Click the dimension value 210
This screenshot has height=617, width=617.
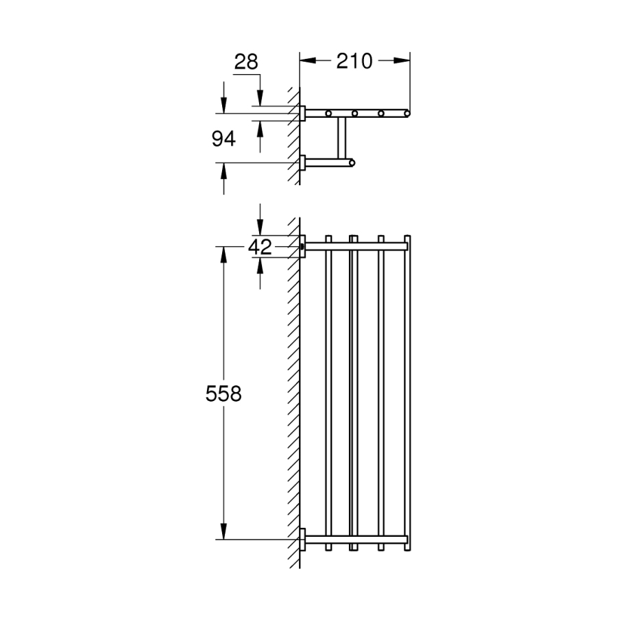354,61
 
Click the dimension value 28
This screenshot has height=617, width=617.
246,62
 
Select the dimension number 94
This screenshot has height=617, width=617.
223,139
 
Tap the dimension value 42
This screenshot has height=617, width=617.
260,247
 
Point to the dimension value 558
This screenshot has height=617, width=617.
223,394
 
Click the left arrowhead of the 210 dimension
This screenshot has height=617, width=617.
308,60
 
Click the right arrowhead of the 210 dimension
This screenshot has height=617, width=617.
402,60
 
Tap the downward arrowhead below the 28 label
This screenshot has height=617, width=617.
260,98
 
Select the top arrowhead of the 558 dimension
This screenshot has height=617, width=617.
223,255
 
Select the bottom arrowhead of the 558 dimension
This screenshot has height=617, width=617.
223,531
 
